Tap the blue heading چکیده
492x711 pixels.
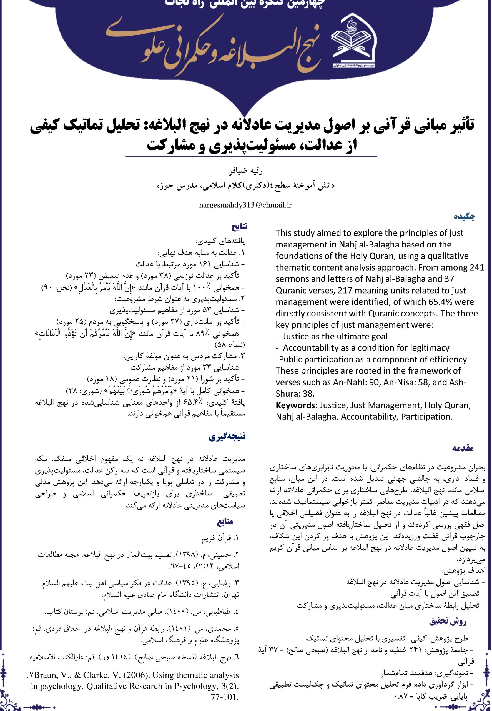click(464, 216)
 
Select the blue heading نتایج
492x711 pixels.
click(239, 227)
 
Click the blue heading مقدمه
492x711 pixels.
click(463, 448)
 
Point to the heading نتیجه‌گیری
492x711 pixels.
click(227, 437)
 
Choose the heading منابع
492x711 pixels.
click(225, 522)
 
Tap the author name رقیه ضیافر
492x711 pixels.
click(246, 171)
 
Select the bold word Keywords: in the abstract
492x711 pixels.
click(297, 405)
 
